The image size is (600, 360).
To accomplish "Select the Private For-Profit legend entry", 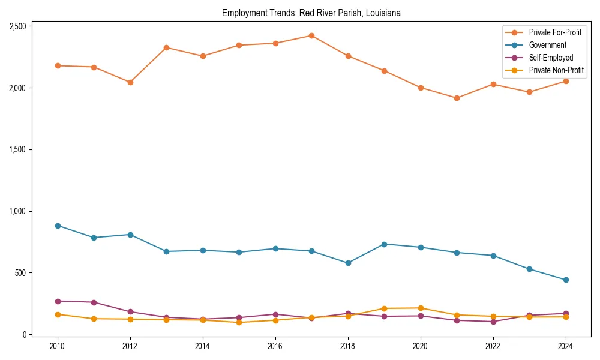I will (x=555, y=32).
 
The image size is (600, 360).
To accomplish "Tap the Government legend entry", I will (x=547, y=45).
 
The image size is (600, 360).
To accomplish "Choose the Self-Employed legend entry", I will (x=551, y=58).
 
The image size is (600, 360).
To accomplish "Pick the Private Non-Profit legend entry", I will (x=556, y=70).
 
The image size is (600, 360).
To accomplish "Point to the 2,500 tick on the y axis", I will (x=17, y=26).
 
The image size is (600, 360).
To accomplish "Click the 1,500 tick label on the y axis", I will (x=17, y=149).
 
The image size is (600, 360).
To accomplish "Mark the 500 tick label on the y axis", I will (x=20, y=273).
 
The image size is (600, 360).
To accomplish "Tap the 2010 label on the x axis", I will (x=58, y=346).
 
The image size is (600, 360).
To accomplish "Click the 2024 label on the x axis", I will (x=565, y=346).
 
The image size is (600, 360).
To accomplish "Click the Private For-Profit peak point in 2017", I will (x=311, y=36).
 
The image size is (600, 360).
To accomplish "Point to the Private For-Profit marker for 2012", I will (x=130, y=82).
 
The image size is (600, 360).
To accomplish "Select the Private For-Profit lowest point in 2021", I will (x=457, y=98).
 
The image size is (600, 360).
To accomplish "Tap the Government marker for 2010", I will (x=58, y=226).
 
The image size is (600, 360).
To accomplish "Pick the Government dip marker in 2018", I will (x=348, y=263).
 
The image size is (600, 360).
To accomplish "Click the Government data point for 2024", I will (x=565, y=280).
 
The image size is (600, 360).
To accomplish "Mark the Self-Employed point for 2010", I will (x=58, y=301).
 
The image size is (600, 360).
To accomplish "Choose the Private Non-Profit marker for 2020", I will (x=421, y=308).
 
